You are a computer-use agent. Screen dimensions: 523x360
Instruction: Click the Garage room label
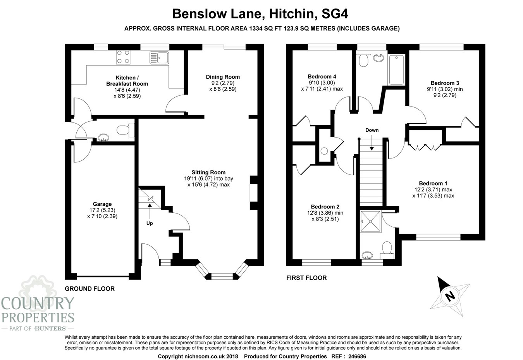tap(102, 204)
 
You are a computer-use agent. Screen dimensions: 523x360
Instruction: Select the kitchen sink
tap(159, 58)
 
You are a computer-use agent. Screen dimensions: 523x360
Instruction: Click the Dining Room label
tap(223, 77)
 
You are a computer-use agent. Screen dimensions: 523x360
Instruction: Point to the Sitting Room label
tap(208, 172)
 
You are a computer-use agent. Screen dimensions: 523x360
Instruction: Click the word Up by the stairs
tap(150, 223)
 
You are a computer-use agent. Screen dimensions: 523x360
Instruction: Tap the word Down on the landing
tap(372, 130)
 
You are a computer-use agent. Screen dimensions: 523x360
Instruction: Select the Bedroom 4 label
tap(322, 76)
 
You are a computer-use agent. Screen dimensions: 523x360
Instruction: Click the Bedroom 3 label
tap(445, 83)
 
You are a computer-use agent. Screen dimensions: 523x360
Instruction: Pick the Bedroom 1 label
tap(433, 183)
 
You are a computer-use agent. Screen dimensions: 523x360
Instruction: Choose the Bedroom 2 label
tap(325, 207)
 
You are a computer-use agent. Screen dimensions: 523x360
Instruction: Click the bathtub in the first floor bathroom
tap(396, 70)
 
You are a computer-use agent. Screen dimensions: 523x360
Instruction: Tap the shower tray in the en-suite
tap(371, 221)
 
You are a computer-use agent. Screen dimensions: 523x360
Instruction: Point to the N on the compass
tap(450, 296)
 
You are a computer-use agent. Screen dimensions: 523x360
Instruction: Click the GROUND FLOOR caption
tap(89, 289)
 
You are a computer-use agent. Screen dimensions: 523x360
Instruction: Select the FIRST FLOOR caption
tap(306, 278)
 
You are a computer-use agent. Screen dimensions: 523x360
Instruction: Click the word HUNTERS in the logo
tap(50, 328)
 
